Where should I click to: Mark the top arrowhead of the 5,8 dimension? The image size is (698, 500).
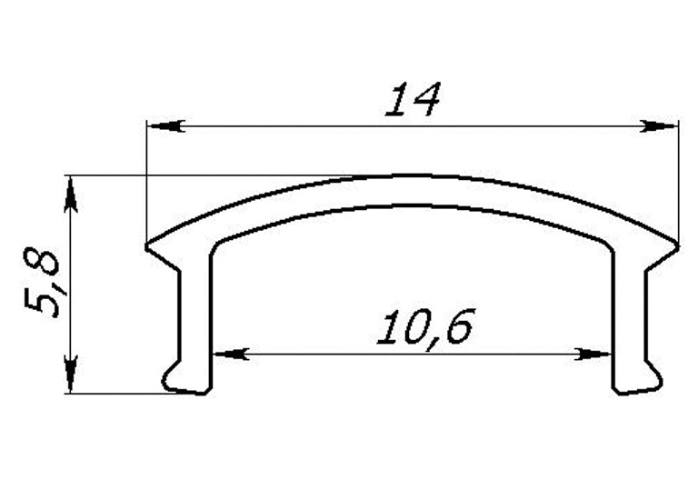pyautogui.click(x=71, y=192)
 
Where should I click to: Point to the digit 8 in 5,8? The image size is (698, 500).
pyautogui.click(x=42, y=264)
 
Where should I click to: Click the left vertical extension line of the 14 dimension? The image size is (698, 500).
pyautogui.click(x=147, y=182)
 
